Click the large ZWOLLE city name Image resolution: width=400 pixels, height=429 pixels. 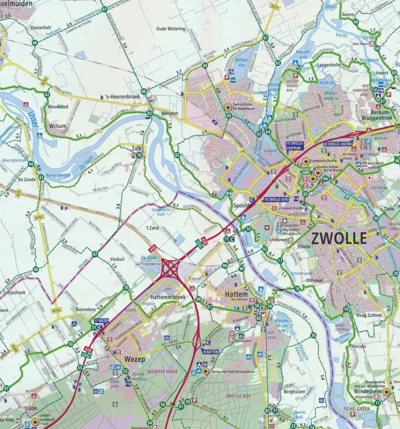[x=339, y=239]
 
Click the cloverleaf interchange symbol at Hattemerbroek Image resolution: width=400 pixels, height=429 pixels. [x=170, y=269]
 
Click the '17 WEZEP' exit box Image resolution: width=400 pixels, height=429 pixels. [x=102, y=321]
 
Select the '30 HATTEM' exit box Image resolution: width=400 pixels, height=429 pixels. [x=210, y=352]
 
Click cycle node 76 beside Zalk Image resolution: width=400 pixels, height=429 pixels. [x=139, y=155]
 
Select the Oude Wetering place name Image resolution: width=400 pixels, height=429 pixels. [x=171, y=29]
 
